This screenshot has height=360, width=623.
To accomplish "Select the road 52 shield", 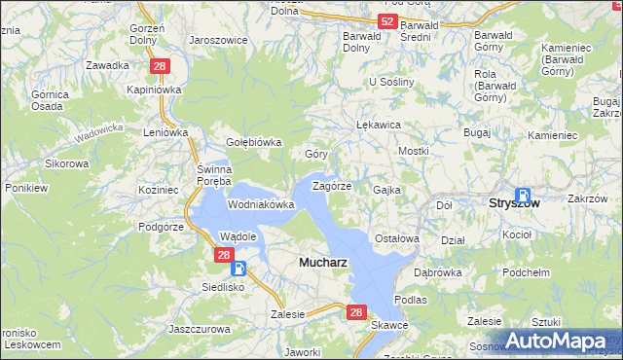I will [x=387, y=21].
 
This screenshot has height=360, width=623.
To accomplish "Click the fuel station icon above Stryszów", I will [x=523, y=195].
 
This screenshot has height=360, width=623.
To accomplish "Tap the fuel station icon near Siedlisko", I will [x=239, y=270].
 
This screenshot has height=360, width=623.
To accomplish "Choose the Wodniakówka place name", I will [x=261, y=205].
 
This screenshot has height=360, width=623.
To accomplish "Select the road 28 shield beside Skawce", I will [x=356, y=312].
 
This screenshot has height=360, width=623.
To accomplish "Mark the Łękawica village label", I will [x=380, y=126].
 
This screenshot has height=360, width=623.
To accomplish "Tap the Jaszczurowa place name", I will [x=200, y=330].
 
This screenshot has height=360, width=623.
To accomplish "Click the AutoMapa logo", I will [x=563, y=341].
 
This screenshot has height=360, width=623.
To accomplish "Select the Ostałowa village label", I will [x=396, y=238].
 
